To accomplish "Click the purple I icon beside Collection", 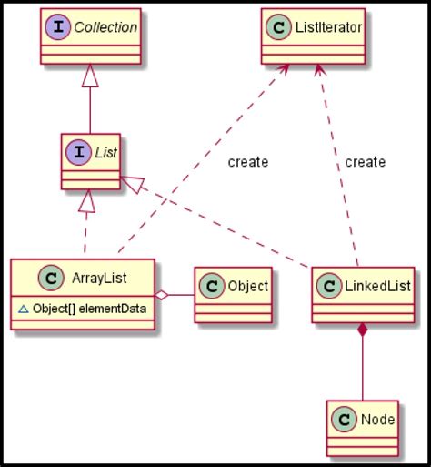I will [57, 27].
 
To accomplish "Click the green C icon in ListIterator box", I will [277, 27].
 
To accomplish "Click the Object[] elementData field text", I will [89, 309].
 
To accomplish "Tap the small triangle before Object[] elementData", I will [24, 309].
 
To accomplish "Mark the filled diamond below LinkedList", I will [363, 332].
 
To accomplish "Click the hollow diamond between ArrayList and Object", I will [161, 295].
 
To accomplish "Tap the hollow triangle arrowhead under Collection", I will [89, 79].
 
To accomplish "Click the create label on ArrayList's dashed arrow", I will [247, 162].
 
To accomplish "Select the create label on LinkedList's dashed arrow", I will [365, 162].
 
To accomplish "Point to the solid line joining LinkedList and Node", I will [363, 373].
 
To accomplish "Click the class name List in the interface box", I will [105, 151].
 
